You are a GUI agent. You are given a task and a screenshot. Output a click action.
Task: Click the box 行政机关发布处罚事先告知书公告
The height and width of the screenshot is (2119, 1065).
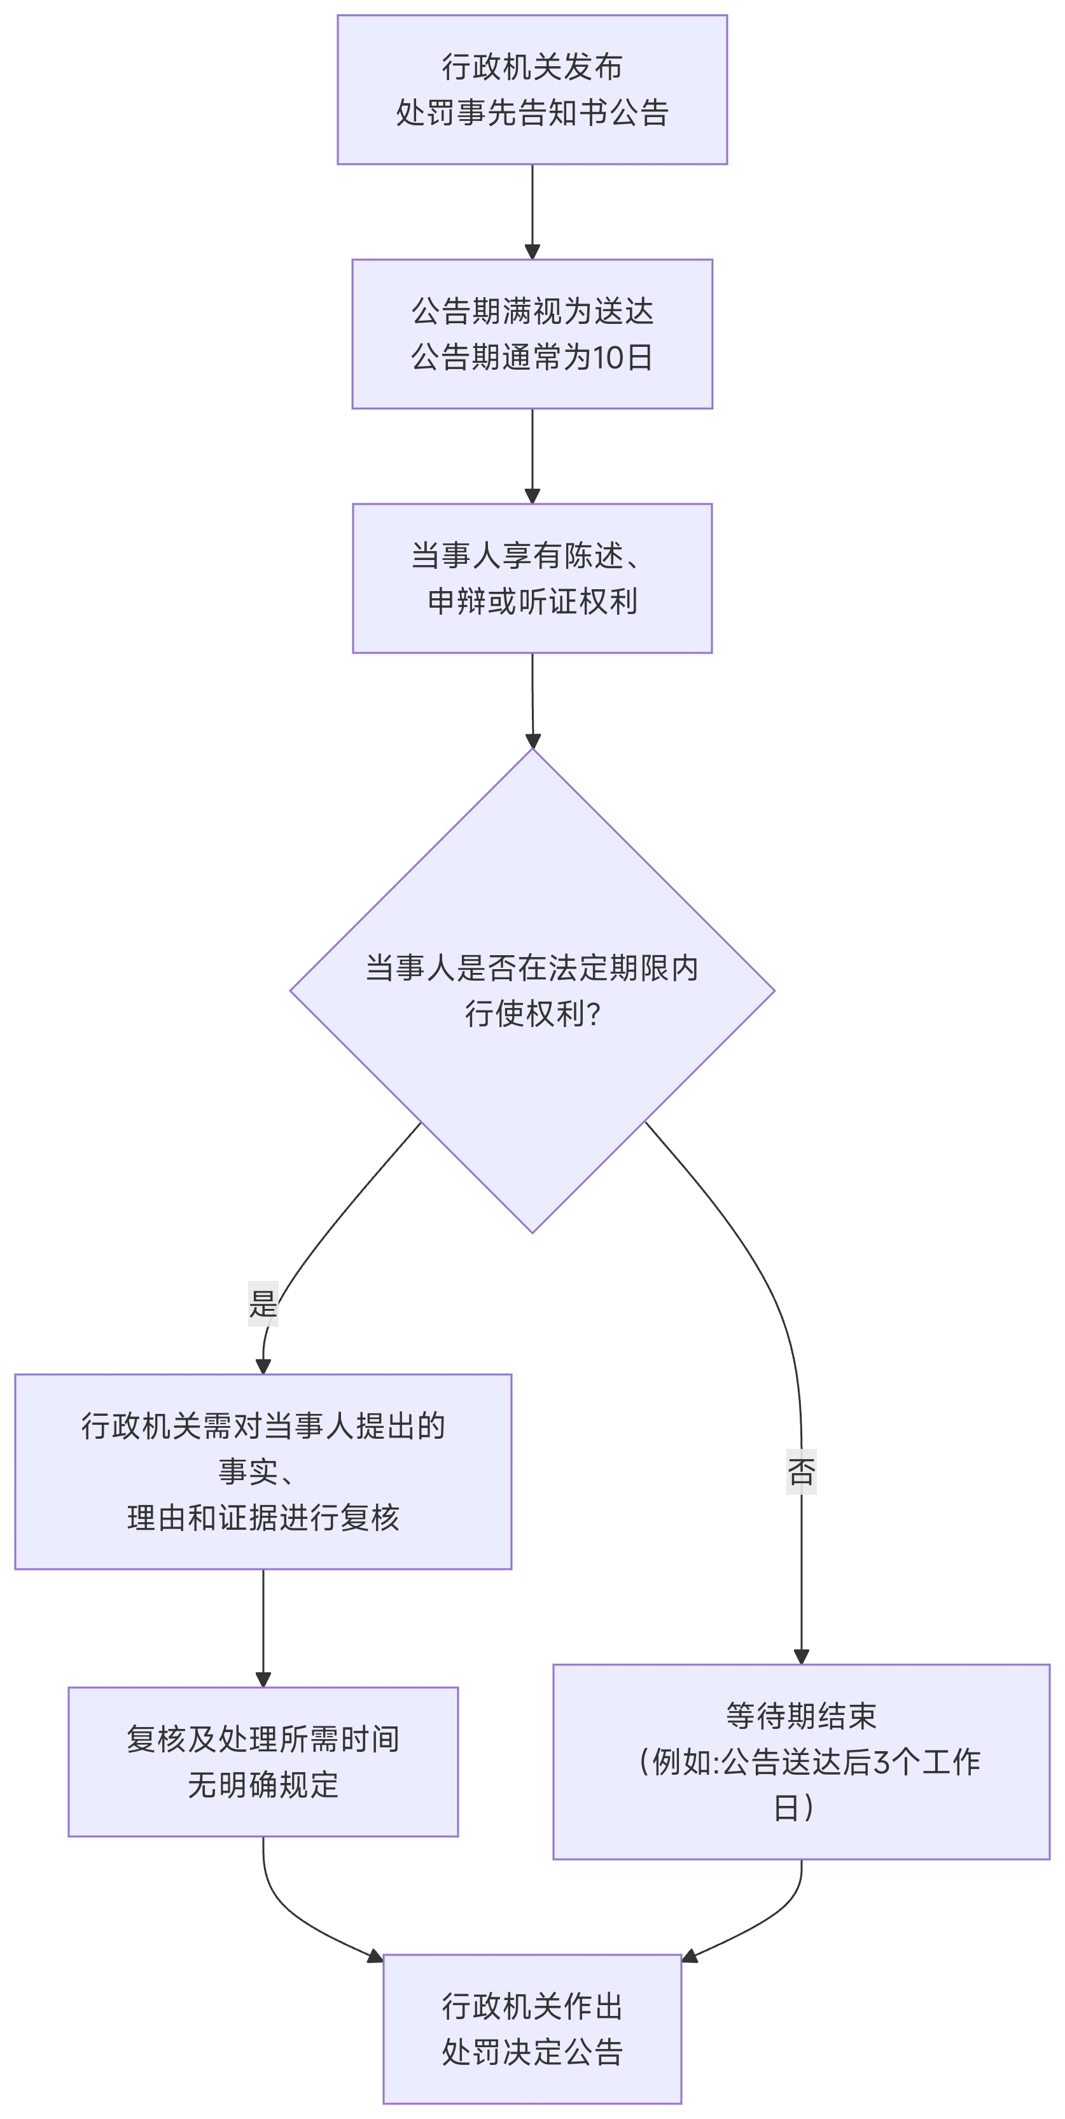pyautogui.click(x=532, y=90)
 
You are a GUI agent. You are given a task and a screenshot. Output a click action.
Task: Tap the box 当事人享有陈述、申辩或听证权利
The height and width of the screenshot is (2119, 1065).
pyautogui.click(x=532, y=578)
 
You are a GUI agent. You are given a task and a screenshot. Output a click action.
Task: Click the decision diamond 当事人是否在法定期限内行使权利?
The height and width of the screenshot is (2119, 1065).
pyautogui.click(x=532, y=990)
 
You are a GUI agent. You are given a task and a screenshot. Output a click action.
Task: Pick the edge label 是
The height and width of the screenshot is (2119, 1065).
pyautogui.click(x=263, y=1304)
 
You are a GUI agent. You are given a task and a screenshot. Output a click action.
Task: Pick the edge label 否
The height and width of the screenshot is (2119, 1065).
pyautogui.click(x=801, y=1472)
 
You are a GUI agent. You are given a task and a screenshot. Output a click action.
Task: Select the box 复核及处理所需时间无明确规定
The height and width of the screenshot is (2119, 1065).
pyautogui.click(x=263, y=1762)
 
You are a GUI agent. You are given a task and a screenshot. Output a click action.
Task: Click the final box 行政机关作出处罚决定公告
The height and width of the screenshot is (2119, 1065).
pyautogui.click(x=532, y=2029)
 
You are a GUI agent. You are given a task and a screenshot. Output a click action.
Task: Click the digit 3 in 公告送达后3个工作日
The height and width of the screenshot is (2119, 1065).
pyautogui.click(x=881, y=1763)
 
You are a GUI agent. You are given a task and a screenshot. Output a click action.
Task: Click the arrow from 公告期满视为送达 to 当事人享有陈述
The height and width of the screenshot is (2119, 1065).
pyautogui.click(x=532, y=456)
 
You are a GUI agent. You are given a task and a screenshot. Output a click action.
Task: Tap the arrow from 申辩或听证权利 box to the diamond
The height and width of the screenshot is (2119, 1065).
pyautogui.click(x=532, y=700)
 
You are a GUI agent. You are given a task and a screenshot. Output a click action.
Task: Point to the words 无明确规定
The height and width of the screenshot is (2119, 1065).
pyautogui.click(x=263, y=1786)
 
